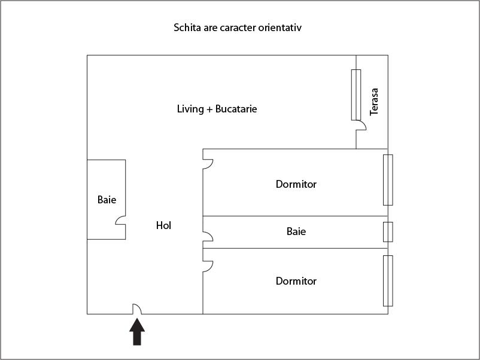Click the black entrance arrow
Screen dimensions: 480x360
tap(137, 332)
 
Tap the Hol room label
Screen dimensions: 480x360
tap(163, 225)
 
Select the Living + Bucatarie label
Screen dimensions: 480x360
tap(217, 109)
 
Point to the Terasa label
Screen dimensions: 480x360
tap(374, 102)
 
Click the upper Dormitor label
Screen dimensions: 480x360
tap(296, 184)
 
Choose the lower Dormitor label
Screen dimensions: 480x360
tap(296, 281)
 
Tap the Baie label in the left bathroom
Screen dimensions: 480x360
tap(107, 200)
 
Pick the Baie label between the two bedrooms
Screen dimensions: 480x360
tap(296, 231)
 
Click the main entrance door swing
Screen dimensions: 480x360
tap(137, 309)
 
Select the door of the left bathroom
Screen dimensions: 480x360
tap(120, 220)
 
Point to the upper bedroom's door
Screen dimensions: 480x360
tap(208, 164)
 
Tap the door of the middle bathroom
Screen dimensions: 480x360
tap(208, 236)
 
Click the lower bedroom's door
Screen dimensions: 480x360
tap(208, 266)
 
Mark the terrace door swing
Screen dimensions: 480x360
tap(361, 125)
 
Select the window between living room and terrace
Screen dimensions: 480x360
tap(356, 95)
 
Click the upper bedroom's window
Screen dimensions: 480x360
tap(388, 180)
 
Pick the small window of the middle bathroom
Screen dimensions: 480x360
tap(388, 232)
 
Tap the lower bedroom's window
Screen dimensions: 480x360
tap(388, 281)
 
